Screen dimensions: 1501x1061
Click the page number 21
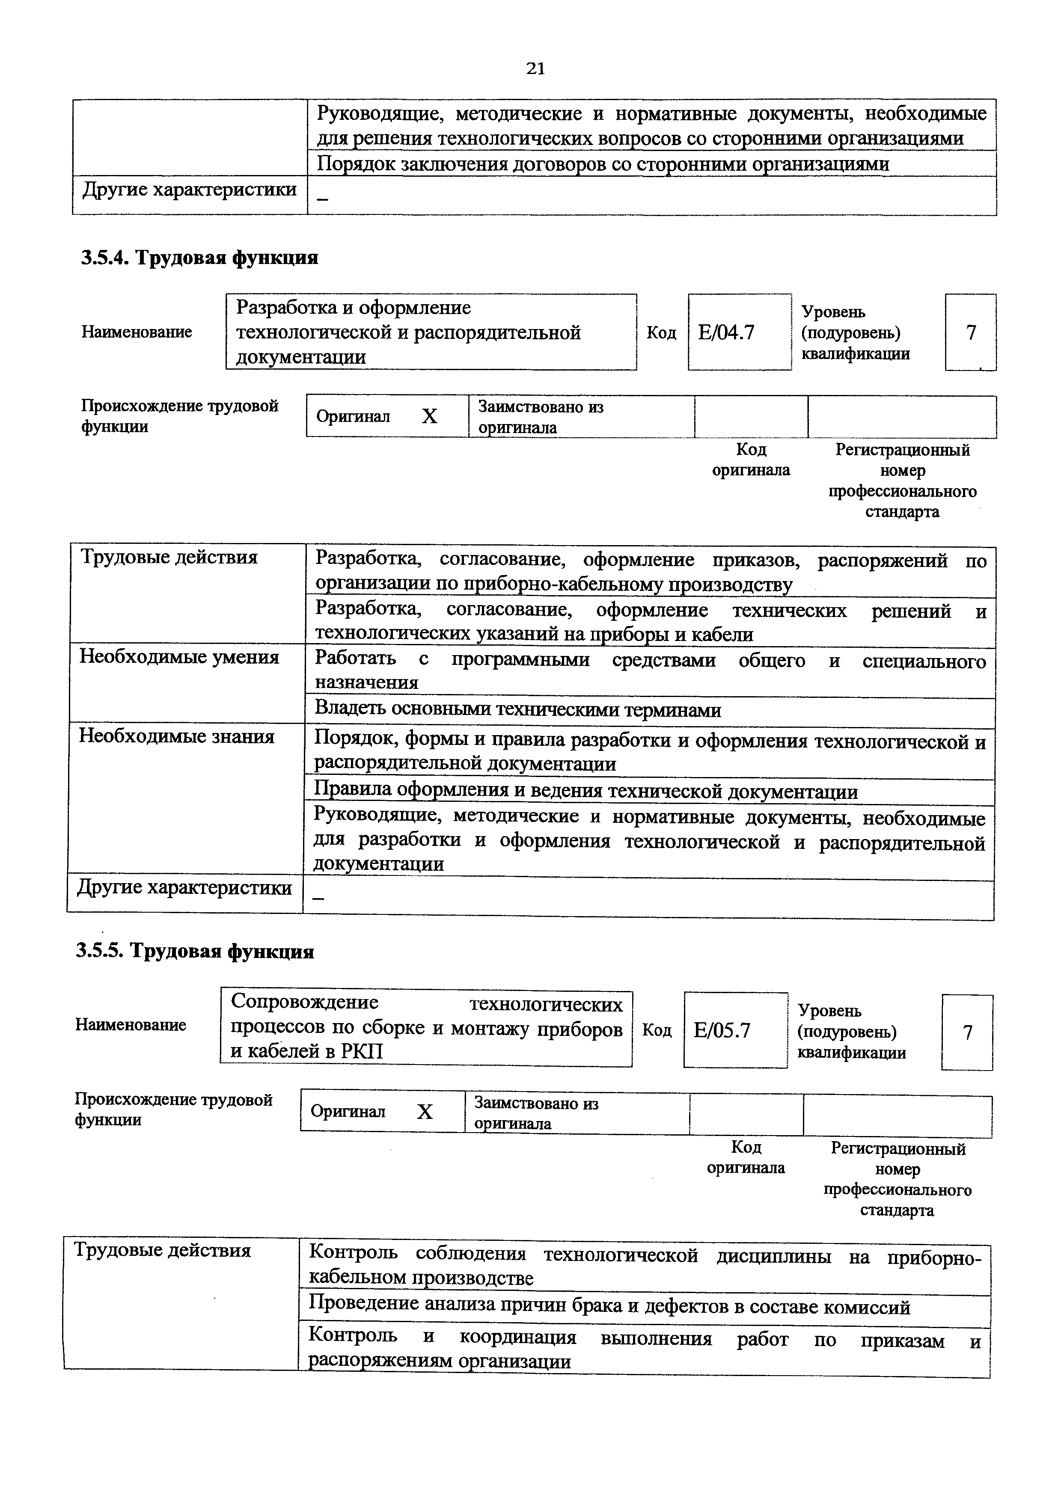pyautogui.click(x=535, y=68)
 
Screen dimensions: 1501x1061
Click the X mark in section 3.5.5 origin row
pyautogui.click(x=425, y=1112)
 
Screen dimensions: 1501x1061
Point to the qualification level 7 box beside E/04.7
pyautogui.click(x=971, y=333)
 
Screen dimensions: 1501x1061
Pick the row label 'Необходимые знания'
pyautogui.click(x=176, y=737)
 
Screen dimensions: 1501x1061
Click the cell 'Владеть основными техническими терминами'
pyautogui.click(x=518, y=710)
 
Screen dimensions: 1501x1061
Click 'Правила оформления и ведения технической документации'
pyautogui.click(x=586, y=792)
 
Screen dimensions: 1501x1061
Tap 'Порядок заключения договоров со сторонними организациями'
pyautogui.click(x=603, y=163)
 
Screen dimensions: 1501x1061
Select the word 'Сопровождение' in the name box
pyautogui.click(x=305, y=1002)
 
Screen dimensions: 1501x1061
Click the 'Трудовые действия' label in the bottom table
pyautogui.click(x=162, y=1251)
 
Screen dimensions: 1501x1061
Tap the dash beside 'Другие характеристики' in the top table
pyautogui.click(x=321, y=198)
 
